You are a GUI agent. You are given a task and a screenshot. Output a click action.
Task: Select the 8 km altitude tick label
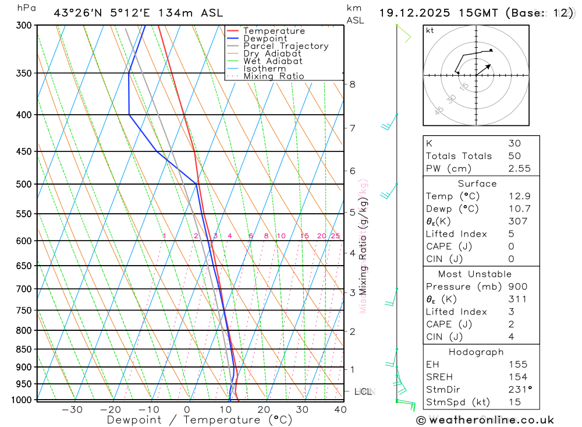point(352,84)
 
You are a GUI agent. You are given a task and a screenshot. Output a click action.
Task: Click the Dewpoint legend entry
point(265,38)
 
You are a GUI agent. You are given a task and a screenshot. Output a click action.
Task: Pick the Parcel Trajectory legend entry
point(286,46)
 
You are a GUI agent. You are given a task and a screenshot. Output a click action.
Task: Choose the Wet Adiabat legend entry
point(273,61)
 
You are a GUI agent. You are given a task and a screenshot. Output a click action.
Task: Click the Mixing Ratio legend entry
point(274,76)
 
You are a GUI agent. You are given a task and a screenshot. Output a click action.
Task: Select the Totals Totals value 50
point(514,156)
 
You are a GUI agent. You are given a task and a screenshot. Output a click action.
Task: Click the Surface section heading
point(477,183)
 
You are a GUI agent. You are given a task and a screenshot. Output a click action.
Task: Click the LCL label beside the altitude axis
point(363,391)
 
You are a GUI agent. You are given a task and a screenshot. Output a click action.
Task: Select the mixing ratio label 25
point(335,236)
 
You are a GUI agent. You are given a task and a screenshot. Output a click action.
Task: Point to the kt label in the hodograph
point(430,30)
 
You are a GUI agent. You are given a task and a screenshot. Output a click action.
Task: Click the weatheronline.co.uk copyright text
point(485,420)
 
